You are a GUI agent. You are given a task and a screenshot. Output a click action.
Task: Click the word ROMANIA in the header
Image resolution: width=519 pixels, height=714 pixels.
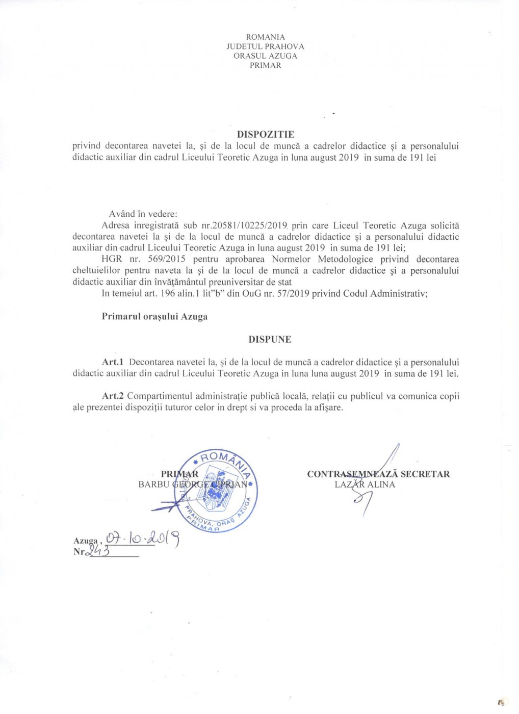(265, 37)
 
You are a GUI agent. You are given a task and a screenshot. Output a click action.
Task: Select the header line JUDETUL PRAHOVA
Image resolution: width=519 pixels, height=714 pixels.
(265, 46)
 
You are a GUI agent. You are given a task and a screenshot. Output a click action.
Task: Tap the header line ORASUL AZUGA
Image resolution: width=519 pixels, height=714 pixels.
(265, 56)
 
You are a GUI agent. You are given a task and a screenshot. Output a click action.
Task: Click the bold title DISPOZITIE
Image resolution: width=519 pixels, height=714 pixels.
(266, 135)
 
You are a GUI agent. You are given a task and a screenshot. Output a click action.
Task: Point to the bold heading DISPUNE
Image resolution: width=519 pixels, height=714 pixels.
(270, 340)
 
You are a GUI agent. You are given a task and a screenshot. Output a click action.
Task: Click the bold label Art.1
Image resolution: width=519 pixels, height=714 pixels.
(113, 362)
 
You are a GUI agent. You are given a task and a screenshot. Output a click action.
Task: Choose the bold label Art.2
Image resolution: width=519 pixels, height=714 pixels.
(113, 396)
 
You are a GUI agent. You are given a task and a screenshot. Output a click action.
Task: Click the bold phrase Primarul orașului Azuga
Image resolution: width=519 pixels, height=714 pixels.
(154, 317)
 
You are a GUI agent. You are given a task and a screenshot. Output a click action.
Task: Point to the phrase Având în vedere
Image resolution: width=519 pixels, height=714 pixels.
(143, 214)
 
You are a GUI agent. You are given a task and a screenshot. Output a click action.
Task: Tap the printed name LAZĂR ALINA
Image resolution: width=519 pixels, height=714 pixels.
(365, 484)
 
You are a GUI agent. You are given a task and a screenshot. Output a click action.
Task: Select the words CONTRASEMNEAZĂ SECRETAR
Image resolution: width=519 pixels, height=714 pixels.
(378, 474)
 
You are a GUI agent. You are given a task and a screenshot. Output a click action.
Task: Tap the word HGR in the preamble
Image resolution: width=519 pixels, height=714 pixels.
(112, 259)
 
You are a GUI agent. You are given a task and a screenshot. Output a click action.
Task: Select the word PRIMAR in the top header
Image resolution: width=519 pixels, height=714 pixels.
(265, 65)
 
